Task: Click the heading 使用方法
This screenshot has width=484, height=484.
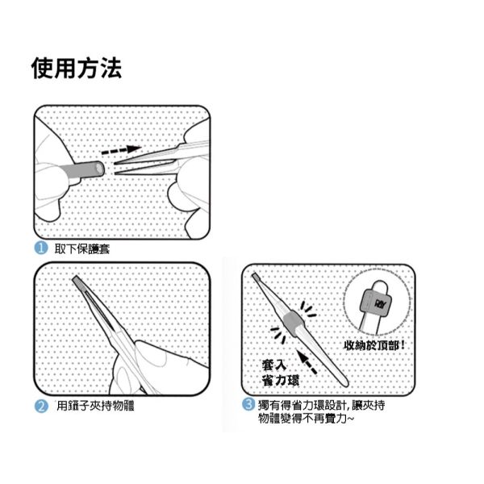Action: pyautogui.click(x=77, y=69)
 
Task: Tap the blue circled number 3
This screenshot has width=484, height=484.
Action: pyautogui.click(x=248, y=405)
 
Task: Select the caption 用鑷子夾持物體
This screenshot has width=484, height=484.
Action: pyautogui.click(x=94, y=406)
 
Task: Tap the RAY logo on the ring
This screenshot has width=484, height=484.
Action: pyautogui.click(x=381, y=302)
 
